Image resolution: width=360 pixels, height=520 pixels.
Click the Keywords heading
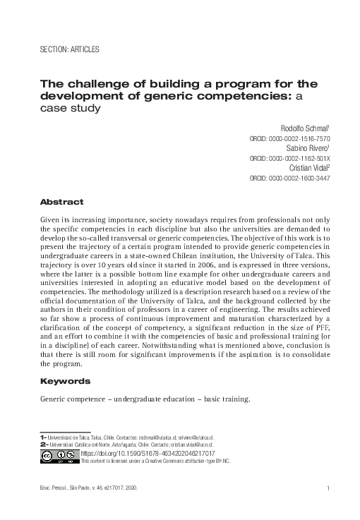click(64, 381)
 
